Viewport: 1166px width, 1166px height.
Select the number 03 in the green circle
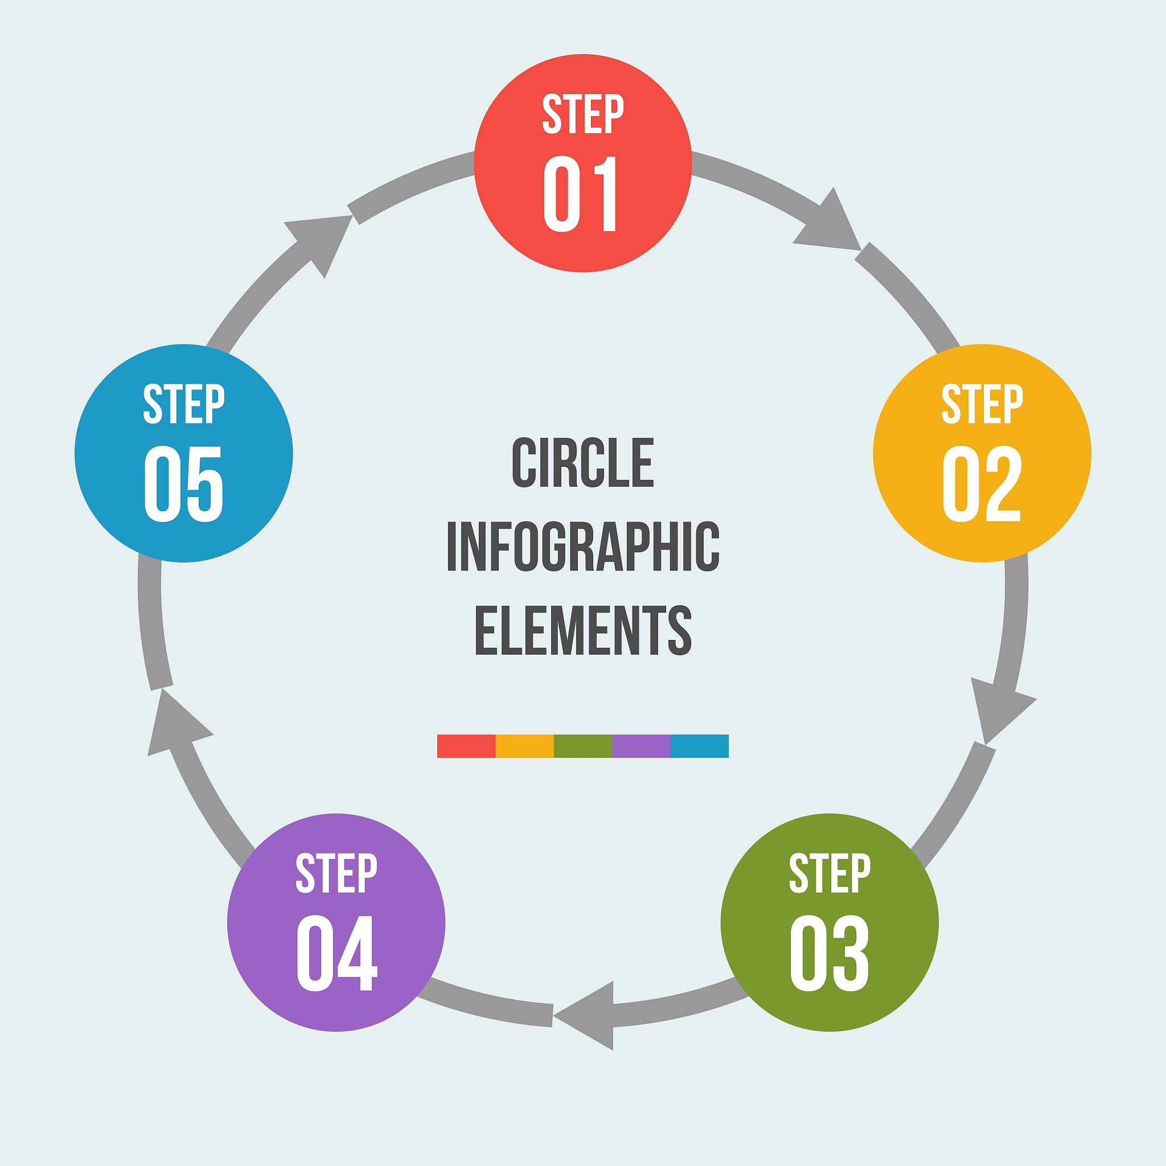tap(829, 954)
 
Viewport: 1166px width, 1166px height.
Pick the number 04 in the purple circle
tap(336, 954)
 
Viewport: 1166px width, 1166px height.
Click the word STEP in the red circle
tap(582, 114)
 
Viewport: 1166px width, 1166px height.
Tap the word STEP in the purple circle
tap(336, 873)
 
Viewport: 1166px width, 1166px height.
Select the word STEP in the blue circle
tap(183, 404)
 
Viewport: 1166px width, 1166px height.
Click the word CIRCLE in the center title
tap(582, 463)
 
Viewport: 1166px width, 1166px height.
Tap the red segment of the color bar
tap(466, 746)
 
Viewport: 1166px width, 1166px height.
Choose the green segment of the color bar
tap(582, 746)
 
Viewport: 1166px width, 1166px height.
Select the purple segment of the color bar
tap(641, 746)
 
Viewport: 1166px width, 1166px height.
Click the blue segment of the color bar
tap(699, 746)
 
